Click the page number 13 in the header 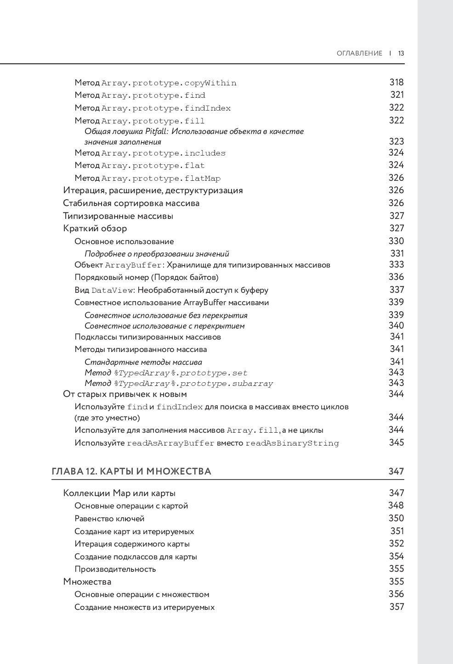click(x=401, y=53)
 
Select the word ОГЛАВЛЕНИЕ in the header click(x=359, y=53)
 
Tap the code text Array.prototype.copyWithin click(x=169, y=83)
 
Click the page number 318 click(x=396, y=82)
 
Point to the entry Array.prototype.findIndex click(x=166, y=108)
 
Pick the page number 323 click(x=396, y=141)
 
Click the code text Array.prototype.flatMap click(x=161, y=178)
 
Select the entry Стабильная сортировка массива click(x=131, y=203)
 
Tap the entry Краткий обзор click(x=95, y=228)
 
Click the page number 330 click(x=396, y=241)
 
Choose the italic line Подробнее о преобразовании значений click(x=157, y=254)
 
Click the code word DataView click(x=112, y=290)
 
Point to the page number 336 click(x=396, y=277)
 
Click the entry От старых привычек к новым click(x=125, y=394)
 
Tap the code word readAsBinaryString click(x=292, y=443)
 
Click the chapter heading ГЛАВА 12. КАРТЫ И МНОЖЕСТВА click(x=131, y=471)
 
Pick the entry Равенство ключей click(x=109, y=519)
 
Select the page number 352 click(x=396, y=543)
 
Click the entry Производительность click(x=115, y=569)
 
